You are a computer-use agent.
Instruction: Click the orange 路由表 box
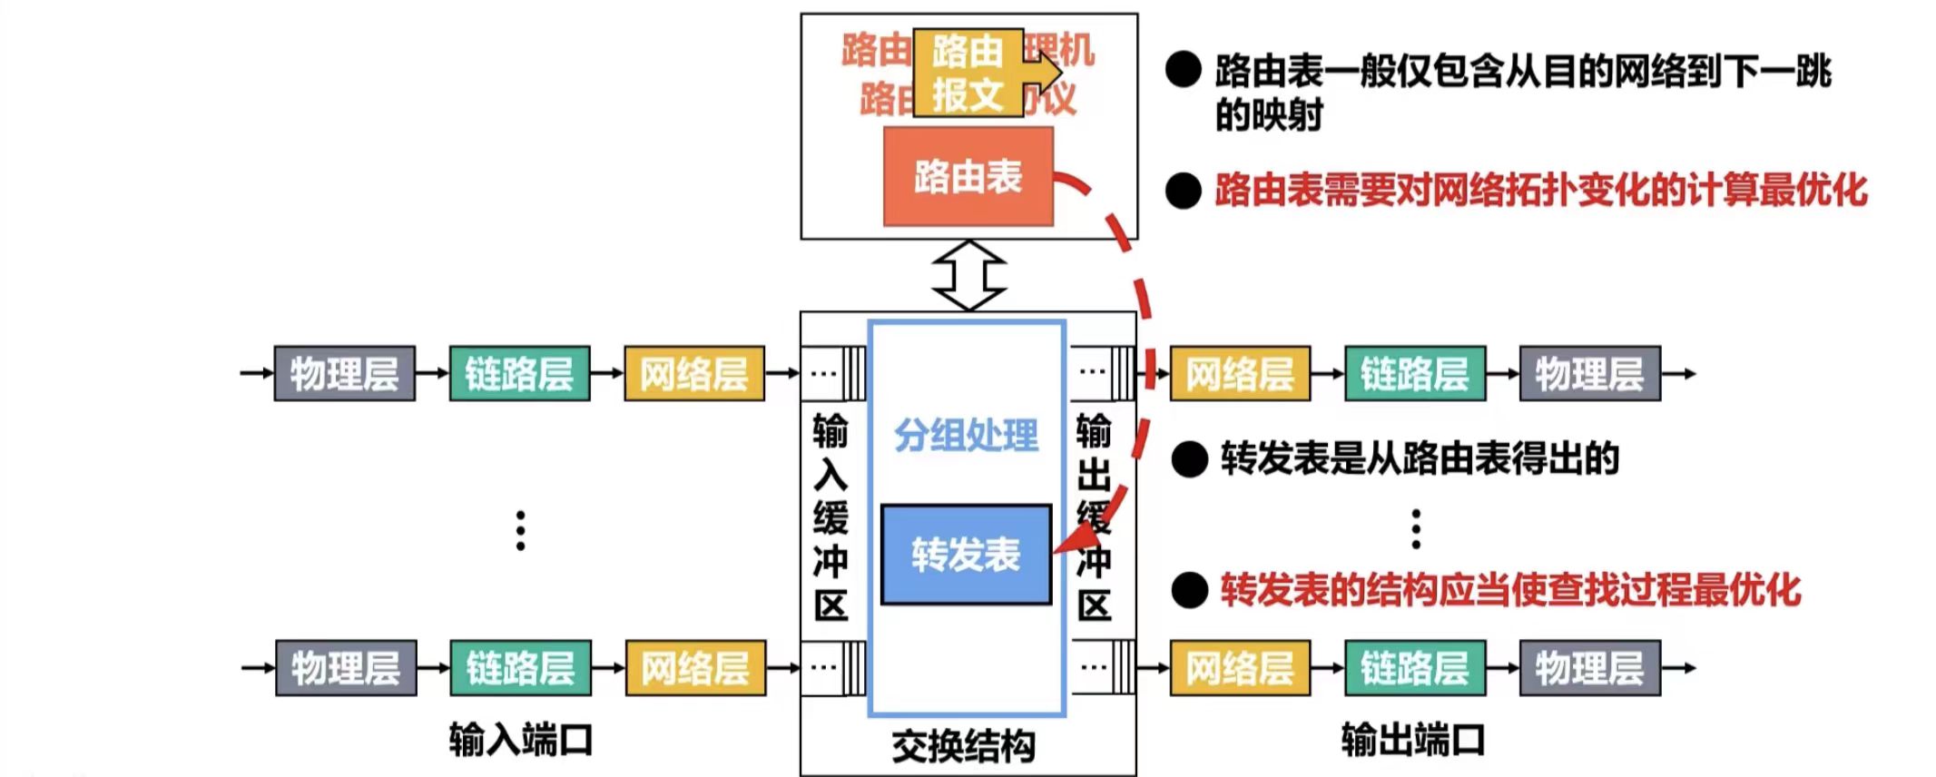point(968,176)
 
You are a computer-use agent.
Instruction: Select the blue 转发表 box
point(966,555)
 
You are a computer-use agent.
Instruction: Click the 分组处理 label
point(966,436)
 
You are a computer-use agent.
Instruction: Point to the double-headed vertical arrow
point(968,275)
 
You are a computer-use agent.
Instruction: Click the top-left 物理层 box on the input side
point(344,373)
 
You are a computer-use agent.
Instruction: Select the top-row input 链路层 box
point(519,373)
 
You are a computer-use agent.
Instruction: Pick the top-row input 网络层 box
point(694,373)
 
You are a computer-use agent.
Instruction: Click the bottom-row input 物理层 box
point(346,668)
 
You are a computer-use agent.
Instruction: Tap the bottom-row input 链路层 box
point(520,668)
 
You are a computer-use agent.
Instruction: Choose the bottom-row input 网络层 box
point(695,668)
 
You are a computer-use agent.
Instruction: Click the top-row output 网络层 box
point(1240,373)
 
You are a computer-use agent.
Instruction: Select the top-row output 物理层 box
point(1589,373)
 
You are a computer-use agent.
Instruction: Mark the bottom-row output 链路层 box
point(1414,668)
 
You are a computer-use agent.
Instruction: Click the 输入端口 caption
point(520,740)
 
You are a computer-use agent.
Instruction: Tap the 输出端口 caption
point(1412,740)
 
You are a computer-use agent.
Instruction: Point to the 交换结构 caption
point(964,746)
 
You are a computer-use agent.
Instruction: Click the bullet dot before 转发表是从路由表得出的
point(1189,459)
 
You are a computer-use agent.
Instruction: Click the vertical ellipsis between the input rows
point(520,530)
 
